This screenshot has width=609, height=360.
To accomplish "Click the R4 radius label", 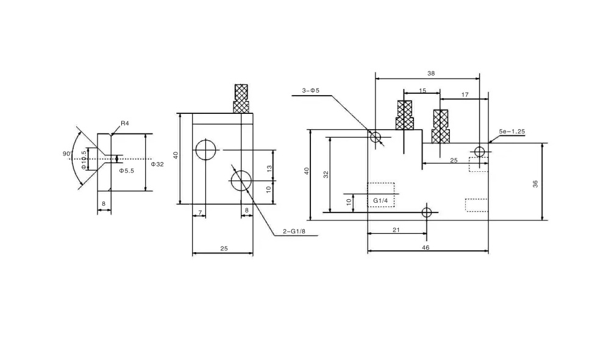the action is pos(124,124).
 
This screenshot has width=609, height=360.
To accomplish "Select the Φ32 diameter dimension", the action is pos(157,164).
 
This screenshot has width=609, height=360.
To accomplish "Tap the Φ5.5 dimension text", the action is pos(127,171).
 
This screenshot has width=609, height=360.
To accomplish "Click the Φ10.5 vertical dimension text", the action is pos(84,160).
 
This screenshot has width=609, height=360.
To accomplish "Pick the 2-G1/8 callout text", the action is pos(294,231).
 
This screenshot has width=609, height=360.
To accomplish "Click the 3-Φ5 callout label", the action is pos(311,90).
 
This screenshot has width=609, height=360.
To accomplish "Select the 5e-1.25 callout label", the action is pos(512,132).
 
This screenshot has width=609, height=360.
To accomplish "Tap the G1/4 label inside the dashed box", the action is pos(380,200).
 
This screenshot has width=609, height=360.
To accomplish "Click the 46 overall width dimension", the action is pos(426,247).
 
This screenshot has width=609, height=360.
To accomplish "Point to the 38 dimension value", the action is pos(431,73).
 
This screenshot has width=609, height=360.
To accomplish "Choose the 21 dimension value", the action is pos(396,230).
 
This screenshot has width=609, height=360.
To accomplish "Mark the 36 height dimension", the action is pos(536,184).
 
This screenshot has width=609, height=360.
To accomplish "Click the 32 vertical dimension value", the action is pos(326,174).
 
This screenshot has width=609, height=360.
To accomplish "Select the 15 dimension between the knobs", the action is pos(422,91).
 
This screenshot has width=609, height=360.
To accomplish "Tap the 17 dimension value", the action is pos(465,94).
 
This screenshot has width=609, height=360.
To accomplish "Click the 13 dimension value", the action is pos(269,168).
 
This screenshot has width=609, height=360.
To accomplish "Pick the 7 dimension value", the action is pos(200,212).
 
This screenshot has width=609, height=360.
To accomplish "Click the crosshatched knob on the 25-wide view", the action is pos(241,99).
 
